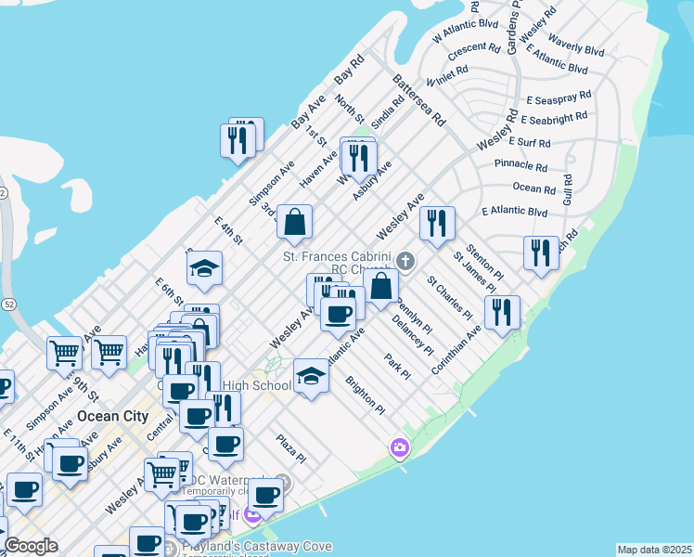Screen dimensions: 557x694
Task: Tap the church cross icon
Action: coord(406,261)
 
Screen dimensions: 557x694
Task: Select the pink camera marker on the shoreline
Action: coord(400,448)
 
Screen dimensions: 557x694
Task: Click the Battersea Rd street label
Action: coord(418,101)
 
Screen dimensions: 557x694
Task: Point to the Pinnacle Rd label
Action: coord(520,165)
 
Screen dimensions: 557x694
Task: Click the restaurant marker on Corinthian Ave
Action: coord(502,313)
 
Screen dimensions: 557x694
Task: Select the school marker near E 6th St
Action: coord(205,270)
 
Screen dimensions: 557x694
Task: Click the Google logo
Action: coord(31,546)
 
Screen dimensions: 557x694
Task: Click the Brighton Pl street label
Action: coord(365,394)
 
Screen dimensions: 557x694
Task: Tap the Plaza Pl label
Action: coord(290,448)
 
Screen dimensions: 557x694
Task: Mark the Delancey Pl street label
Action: coord(412,335)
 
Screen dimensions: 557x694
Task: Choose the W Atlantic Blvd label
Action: coord(466,31)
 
